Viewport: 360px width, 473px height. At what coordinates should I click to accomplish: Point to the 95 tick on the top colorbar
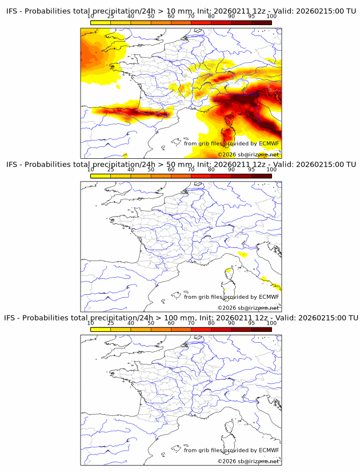pos(251,17)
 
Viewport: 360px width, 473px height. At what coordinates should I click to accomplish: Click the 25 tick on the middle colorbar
pos(111,170)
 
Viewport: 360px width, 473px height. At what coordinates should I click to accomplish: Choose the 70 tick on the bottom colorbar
pos(191,323)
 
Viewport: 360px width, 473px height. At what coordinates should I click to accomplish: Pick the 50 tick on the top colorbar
pos(151,17)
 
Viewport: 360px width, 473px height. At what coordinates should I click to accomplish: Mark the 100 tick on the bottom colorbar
pos(271,323)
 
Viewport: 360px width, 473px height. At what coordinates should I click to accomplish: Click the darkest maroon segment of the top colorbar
pos(261,23)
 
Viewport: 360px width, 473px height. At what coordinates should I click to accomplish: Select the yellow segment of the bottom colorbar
pos(101,329)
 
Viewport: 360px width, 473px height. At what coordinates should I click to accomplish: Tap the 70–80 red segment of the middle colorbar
pos(201,176)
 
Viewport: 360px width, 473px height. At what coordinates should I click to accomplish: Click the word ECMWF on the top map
pos(269,143)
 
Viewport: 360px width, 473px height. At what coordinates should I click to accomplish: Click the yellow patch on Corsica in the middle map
pos(229,271)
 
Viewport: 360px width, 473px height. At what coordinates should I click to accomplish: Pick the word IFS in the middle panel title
pos(13,165)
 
